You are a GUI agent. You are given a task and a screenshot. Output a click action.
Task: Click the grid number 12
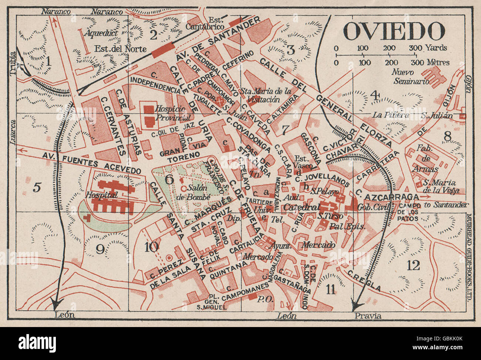point(413,265)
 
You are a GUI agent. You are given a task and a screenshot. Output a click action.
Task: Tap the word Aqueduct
point(100,33)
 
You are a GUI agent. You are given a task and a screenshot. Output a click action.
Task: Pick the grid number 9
point(100,250)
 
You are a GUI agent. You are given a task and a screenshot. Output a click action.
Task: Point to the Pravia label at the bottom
point(368,316)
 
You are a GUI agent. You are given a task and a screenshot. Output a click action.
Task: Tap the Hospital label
point(95,194)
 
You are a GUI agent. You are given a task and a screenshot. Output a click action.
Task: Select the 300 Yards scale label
point(428,48)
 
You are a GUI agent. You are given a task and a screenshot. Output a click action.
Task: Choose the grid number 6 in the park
point(169,179)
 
